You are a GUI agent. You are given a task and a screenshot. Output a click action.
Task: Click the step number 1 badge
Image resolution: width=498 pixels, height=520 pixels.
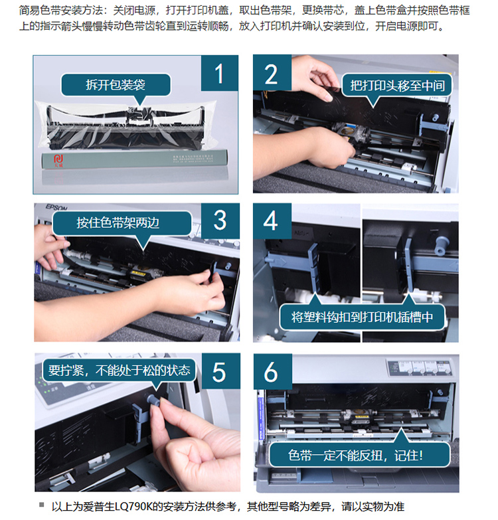220,73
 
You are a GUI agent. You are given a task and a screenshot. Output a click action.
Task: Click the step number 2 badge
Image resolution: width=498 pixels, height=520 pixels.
272,72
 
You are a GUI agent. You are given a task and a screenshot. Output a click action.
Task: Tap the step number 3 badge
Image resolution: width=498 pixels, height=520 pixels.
220,220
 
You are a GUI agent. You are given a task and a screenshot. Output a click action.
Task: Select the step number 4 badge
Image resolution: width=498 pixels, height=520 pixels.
272,221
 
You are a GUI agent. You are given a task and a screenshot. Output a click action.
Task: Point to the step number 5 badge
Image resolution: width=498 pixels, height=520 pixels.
220,371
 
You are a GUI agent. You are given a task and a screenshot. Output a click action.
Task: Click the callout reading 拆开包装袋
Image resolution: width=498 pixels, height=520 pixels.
116,85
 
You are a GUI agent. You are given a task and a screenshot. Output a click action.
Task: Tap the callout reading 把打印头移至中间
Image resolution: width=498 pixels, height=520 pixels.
397,86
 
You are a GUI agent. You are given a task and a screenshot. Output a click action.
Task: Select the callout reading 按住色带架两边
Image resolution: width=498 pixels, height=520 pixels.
122,223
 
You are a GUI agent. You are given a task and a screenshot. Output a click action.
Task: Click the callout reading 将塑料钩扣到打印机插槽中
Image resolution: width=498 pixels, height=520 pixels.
362,317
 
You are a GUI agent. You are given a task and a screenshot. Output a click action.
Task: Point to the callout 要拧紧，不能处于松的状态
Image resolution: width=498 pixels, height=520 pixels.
120,370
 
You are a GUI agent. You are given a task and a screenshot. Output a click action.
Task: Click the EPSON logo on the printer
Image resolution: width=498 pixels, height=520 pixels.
56,208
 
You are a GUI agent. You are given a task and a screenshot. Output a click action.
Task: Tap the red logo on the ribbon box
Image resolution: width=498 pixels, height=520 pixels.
58,161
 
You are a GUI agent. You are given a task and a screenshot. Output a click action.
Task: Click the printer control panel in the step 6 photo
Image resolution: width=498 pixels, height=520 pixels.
420,367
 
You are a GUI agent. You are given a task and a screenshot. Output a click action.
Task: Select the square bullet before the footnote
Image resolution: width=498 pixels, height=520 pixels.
41,505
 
